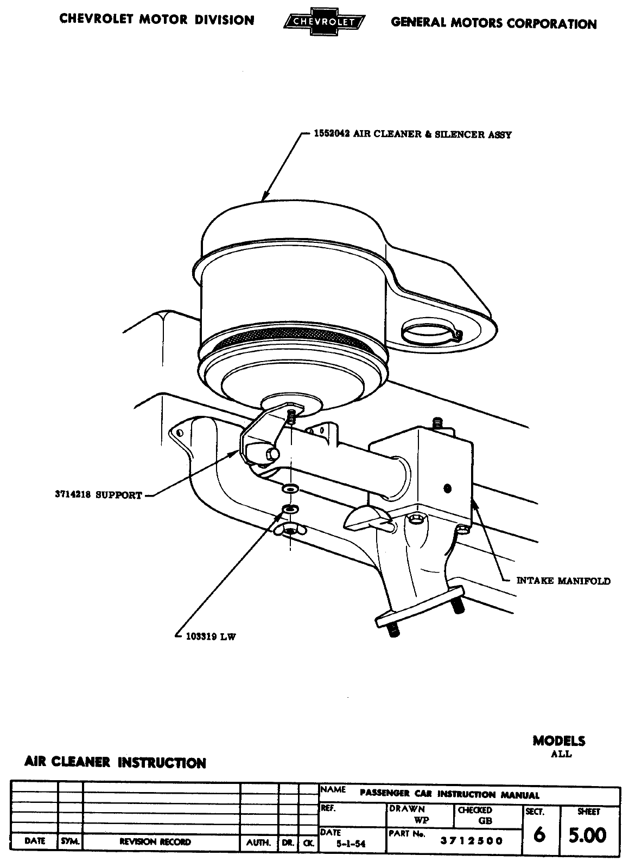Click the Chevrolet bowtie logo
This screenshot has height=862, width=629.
324,22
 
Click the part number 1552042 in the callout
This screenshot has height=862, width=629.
332,134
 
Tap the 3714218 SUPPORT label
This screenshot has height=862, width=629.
98,495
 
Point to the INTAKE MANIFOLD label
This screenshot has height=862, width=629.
563,581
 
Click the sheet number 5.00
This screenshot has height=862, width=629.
587,835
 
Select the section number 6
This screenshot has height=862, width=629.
539,835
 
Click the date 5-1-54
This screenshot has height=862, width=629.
351,844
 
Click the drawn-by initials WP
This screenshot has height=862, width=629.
421,821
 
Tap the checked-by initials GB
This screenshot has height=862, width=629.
485,821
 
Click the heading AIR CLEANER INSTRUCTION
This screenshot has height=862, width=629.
115,763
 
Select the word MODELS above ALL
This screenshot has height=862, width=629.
559,741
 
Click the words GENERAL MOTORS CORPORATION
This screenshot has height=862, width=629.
493,23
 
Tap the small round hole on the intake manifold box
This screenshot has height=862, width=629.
447,488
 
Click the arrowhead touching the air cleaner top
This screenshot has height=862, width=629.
266,197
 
